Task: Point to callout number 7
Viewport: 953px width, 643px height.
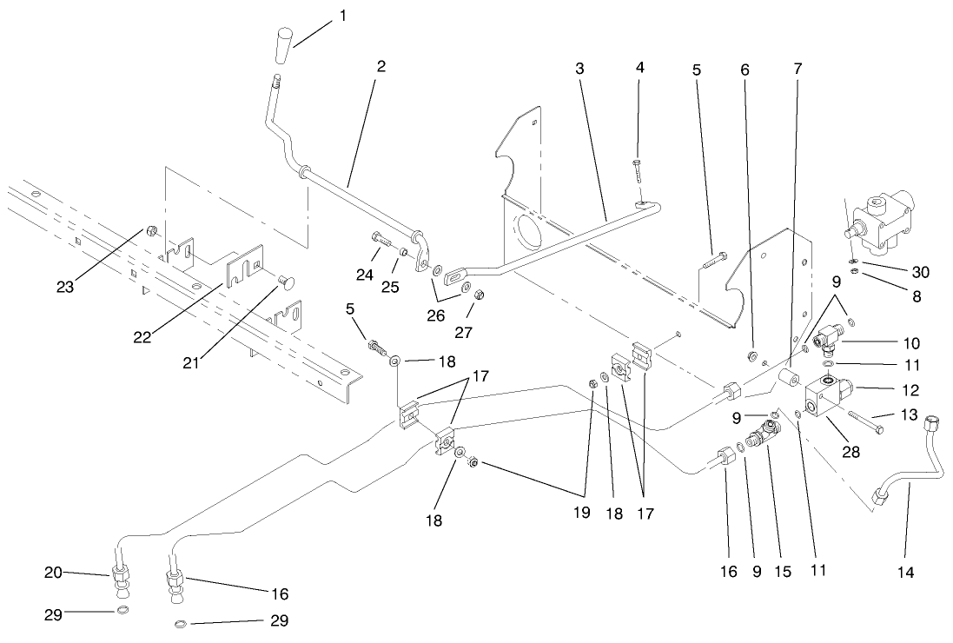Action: [797, 66]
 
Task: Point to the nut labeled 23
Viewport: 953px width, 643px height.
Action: [151, 231]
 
